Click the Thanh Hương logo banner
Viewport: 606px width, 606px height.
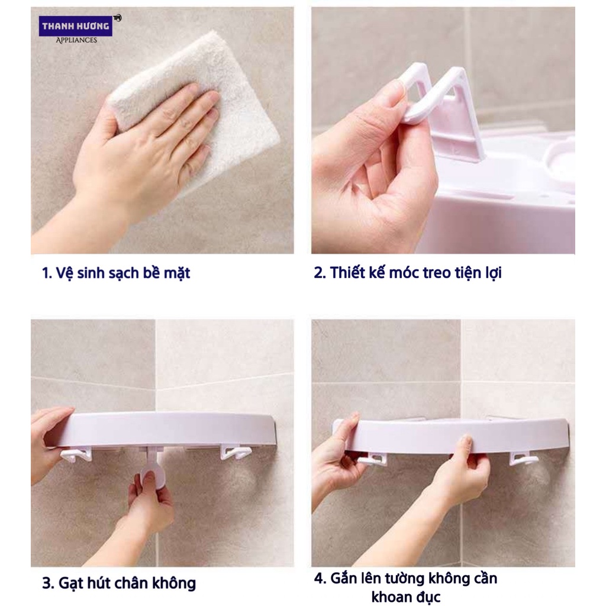tap(76, 26)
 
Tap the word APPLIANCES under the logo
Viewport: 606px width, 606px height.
tap(76, 40)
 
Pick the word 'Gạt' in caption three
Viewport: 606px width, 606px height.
tap(71, 583)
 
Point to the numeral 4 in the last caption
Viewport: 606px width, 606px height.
tap(319, 578)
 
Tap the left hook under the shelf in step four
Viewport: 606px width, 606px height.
tap(372, 459)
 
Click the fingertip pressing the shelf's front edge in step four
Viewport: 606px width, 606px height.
tap(466, 440)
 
